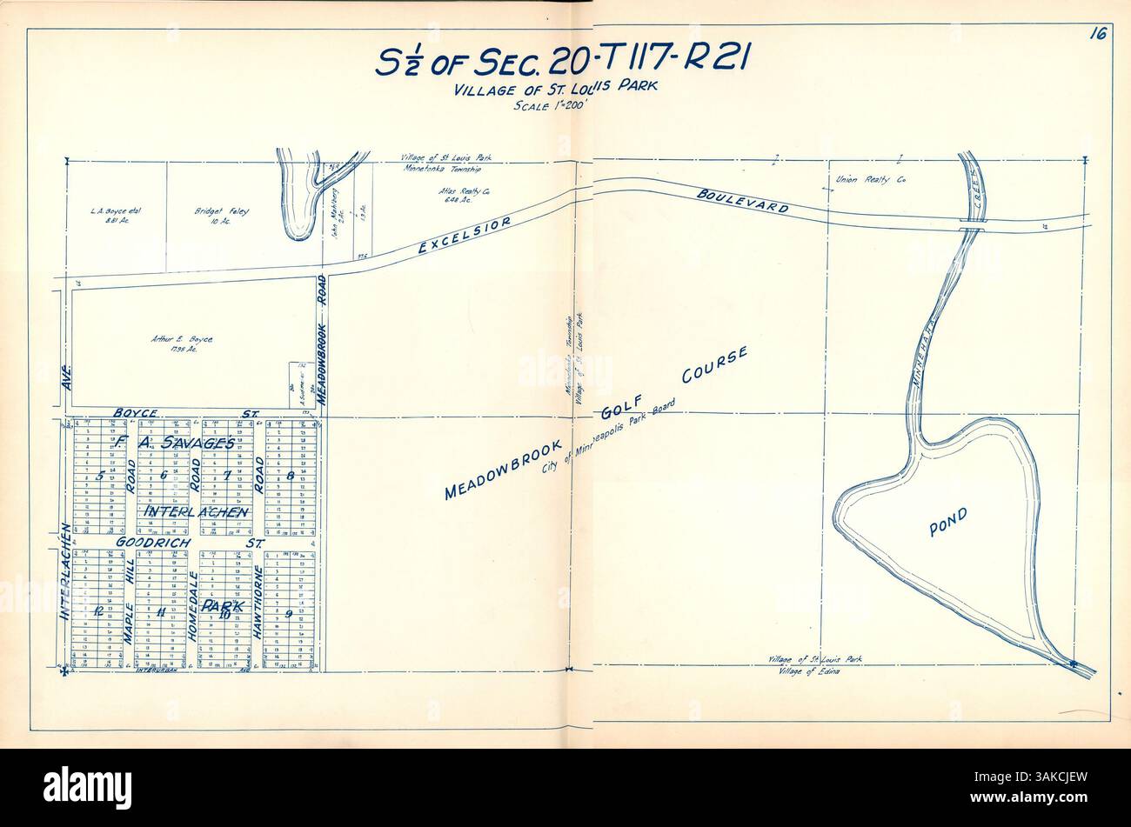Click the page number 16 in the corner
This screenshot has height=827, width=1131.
pos(1096,36)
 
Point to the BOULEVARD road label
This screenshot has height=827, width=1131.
pos(742,202)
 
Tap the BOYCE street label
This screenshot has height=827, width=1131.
pos(135,412)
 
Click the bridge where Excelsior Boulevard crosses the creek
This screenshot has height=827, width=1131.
pos(972,223)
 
